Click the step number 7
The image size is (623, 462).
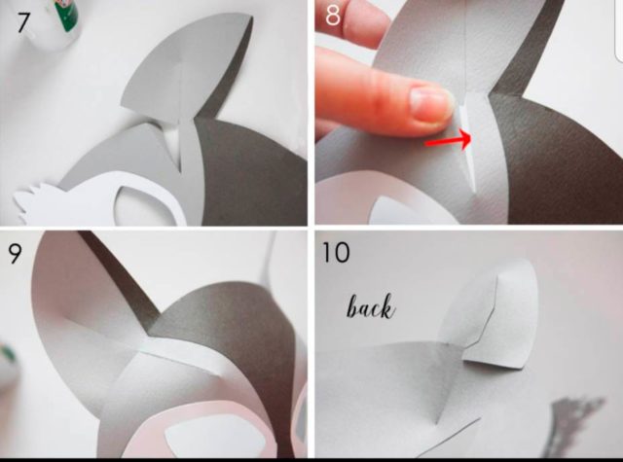pos(22,23)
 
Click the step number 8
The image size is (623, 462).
pos(333,16)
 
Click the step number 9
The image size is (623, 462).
pos(15,254)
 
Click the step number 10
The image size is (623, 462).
pos(336,253)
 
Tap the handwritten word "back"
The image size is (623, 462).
pos(372,306)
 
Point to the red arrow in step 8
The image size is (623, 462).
pos(448,140)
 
